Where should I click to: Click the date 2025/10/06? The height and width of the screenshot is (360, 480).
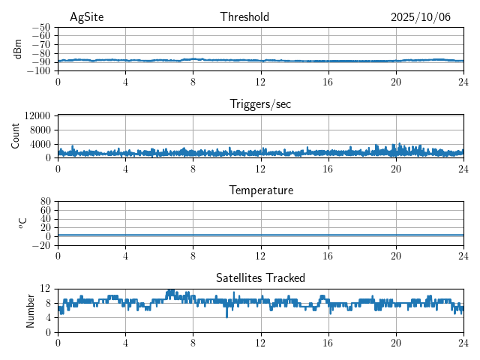point(420,17)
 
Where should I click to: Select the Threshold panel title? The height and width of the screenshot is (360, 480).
point(244,17)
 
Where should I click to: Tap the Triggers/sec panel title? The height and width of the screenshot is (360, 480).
point(260,104)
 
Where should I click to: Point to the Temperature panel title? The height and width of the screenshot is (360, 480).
point(260,190)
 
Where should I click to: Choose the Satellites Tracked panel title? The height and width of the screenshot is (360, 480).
point(260,277)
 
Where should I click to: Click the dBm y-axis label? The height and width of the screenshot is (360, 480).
point(18,49)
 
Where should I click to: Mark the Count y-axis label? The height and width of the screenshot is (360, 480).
point(16,136)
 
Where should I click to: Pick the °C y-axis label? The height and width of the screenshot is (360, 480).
point(22,223)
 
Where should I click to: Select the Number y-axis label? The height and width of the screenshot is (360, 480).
point(31,310)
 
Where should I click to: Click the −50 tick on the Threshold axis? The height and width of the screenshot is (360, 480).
point(40,27)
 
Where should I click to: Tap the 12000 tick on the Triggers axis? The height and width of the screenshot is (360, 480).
point(37,116)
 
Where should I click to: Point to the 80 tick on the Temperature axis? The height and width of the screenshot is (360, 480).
point(45,202)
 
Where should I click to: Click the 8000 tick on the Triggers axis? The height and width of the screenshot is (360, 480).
point(40,130)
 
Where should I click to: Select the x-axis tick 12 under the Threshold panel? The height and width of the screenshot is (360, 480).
point(260,81)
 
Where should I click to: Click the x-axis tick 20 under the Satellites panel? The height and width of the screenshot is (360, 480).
point(396,342)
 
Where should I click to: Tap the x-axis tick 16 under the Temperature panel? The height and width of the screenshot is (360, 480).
point(328,255)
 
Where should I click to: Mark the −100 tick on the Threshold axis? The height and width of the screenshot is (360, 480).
point(39,71)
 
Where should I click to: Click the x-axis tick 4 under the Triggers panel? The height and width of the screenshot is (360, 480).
point(125,168)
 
